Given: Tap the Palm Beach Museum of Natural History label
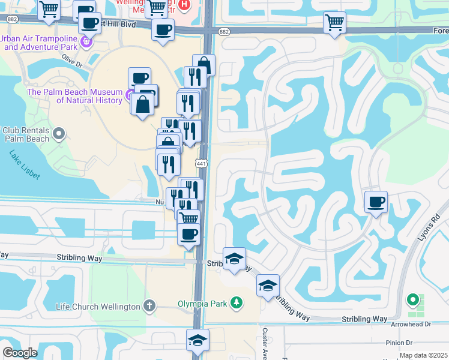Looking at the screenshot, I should tap(75, 96).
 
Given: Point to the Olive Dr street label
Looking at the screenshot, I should tap(71, 62).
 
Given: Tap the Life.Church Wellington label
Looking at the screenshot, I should tap(98, 307).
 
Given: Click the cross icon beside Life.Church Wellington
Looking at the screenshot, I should tap(149, 307).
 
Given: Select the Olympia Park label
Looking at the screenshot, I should tap(202, 303).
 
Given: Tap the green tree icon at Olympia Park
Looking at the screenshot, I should tap(237, 302).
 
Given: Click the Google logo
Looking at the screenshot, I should tap(20, 353).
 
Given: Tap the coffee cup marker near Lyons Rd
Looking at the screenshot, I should tap(376, 202).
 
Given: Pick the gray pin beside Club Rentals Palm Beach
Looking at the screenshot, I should tap(58, 133).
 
